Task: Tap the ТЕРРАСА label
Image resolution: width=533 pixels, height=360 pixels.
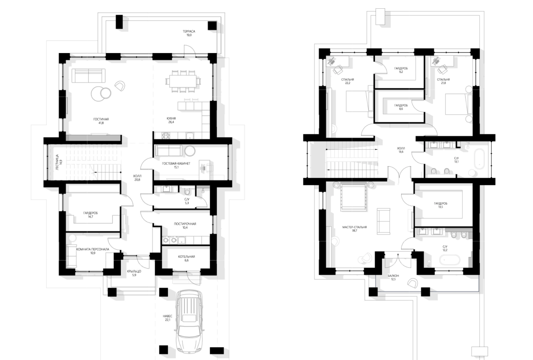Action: point(189,31)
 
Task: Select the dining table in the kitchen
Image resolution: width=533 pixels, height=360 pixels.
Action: point(183,81)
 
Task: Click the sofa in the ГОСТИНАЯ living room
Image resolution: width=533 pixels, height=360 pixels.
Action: point(88,75)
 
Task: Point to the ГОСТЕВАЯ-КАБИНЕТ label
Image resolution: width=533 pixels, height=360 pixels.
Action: point(176,164)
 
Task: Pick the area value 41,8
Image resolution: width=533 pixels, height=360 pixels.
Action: point(101,123)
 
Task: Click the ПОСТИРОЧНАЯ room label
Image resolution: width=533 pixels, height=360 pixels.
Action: point(185,224)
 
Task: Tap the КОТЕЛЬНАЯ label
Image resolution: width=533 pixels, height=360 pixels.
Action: point(187,256)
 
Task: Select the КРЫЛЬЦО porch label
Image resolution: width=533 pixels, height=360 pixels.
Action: point(134,271)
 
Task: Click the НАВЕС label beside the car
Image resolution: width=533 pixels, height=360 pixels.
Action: point(168,316)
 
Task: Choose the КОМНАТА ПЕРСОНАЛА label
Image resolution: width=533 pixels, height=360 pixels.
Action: point(93,249)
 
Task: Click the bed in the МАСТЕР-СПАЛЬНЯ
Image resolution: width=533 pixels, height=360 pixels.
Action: point(353,197)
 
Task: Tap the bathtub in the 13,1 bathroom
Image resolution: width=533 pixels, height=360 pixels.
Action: point(479,159)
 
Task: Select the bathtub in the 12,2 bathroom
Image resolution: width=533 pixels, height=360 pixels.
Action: point(450,260)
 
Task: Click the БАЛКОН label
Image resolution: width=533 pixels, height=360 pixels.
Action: point(393,276)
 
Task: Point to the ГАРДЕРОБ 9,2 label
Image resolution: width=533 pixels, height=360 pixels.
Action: point(401,68)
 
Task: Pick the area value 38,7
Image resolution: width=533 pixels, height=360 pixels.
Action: point(355,230)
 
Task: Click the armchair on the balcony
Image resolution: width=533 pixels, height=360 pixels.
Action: point(412,283)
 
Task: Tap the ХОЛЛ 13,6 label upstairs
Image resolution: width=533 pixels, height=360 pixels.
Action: point(401,148)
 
